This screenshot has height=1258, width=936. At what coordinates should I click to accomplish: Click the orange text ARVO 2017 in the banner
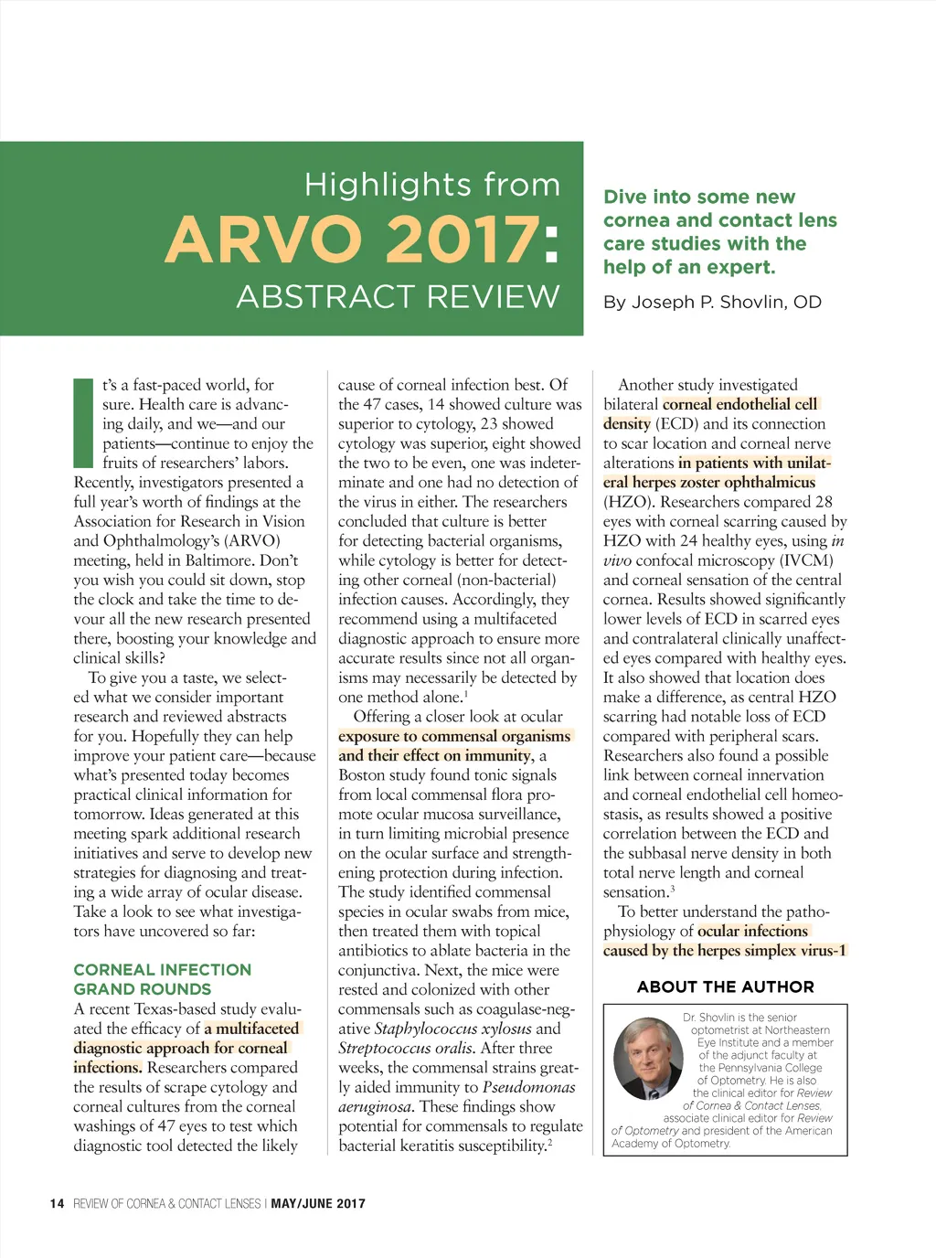(x=352, y=240)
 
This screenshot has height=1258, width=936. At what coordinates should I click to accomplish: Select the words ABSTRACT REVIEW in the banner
(x=398, y=297)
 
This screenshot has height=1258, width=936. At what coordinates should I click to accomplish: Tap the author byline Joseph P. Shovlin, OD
(x=712, y=303)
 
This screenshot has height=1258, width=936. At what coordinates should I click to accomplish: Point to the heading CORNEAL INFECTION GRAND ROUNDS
(x=162, y=979)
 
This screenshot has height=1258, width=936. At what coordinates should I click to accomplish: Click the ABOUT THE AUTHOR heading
(x=725, y=986)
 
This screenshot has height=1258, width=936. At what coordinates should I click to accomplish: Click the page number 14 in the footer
(x=57, y=1204)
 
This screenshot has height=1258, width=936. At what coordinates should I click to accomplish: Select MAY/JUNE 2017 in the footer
(x=318, y=1204)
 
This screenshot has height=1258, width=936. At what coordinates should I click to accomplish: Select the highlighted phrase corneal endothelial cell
(x=739, y=404)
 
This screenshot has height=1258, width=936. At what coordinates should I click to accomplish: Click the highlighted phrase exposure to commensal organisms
(x=454, y=736)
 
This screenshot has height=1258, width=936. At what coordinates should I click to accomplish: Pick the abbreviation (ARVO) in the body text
(x=251, y=540)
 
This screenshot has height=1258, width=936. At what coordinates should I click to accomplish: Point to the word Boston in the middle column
(x=361, y=774)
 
